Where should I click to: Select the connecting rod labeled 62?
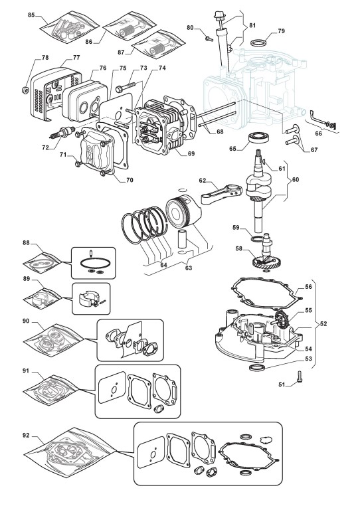point(221,196)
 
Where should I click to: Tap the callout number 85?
point(31,15)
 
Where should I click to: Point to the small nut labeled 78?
point(23,89)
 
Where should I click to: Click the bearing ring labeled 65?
point(259,137)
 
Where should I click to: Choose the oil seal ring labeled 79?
point(260,42)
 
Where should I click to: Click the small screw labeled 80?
point(209,39)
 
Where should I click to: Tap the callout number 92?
point(26,436)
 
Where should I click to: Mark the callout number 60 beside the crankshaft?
point(295,180)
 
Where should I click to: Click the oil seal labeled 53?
point(257,367)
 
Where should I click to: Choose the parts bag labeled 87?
point(159,43)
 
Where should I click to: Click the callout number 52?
point(323,323)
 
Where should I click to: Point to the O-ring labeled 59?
point(257,238)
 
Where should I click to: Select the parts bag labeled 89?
point(42,297)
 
